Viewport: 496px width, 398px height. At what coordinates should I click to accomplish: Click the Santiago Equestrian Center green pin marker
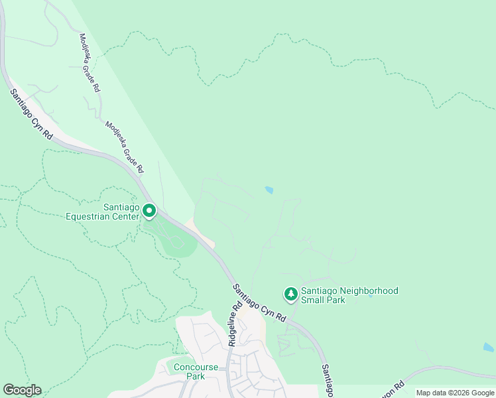[149, 212]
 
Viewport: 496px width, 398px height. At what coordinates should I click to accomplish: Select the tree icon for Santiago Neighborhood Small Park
[290, 293]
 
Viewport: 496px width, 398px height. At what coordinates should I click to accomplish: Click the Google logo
[22, 390]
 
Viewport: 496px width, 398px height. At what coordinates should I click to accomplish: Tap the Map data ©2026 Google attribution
[455, 393]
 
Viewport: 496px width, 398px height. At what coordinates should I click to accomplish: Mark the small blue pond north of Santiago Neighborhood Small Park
[269, 190]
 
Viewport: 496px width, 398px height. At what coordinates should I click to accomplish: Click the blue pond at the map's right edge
[489, 347]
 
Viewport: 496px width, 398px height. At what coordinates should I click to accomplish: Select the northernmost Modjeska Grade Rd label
[89, 63]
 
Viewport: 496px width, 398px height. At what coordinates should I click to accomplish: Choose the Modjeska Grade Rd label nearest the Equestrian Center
[125, 147]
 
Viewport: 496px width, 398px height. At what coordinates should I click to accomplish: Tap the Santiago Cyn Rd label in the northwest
[31, 113]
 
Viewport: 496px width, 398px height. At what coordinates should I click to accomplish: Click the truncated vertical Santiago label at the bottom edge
[326, 380]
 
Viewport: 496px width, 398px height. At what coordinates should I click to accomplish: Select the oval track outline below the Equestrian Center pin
[176, 243]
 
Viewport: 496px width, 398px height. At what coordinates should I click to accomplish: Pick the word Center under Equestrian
[119, 216]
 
